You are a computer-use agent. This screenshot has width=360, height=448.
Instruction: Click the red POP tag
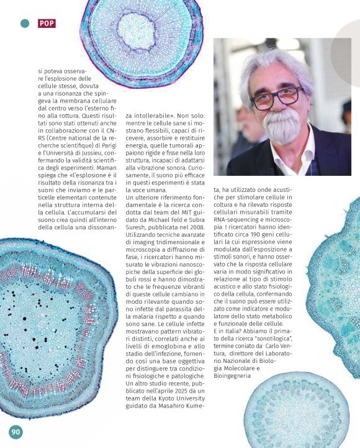pos(47,23)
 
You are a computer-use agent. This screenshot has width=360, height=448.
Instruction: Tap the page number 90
pos(16,432)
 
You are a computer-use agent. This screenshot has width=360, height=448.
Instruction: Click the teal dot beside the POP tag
pos(25,23)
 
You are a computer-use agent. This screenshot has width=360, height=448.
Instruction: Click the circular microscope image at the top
pos(140,43)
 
